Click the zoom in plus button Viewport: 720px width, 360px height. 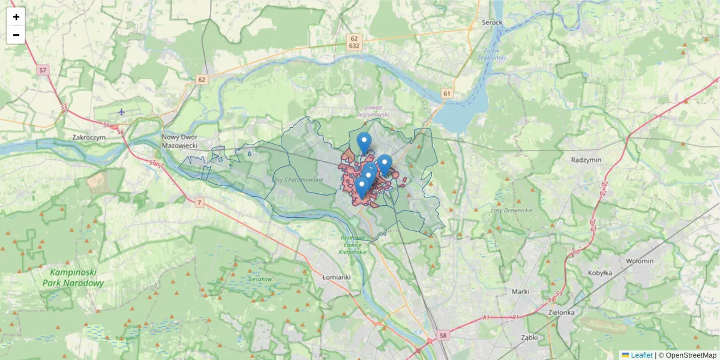(x=16, y=17)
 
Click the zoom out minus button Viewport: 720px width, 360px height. (x=16, y=35)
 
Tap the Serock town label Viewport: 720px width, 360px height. (x=492, y=23)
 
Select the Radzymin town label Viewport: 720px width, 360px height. (x=586, y=160)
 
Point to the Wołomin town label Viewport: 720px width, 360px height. (x=640, y=261)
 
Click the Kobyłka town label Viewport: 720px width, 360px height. (x=599, y=272)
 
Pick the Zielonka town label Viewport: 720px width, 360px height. (x=562, y=313)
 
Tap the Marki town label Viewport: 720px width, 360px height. (x=520, y=292)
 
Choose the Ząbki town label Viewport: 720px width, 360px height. (x=529, y=337)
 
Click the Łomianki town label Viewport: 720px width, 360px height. (x=337, y=277)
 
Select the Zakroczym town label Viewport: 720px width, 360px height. (x=89, y=137)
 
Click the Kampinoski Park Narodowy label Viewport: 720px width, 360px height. (x=73, y=278)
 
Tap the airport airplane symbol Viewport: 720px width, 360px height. (x=122, y=112)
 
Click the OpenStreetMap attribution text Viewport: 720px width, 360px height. (x=688, y=355)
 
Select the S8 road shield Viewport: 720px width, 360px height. (x=443, y=335)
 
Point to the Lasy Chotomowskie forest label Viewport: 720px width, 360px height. (x=298, y=179)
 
